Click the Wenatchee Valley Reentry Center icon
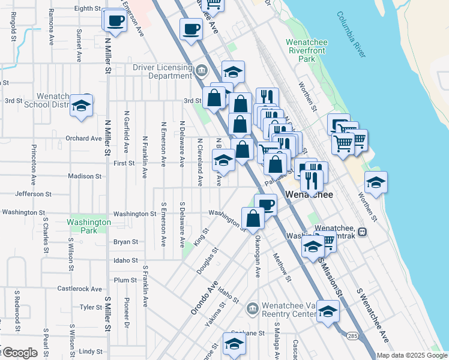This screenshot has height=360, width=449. pyautogui.click(x=252, y=309)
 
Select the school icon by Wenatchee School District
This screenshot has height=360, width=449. pyautogui.click(x=80, y=106)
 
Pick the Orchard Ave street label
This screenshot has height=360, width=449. pyautogui.click(x=83, y=138)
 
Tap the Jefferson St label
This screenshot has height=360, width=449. pyautogui.click(x=41, y=194)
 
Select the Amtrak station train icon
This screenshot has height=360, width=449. pyautogui.click(x=362, y=231)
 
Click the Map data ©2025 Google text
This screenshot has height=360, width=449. pyautogui.click(x=411, y=355)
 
